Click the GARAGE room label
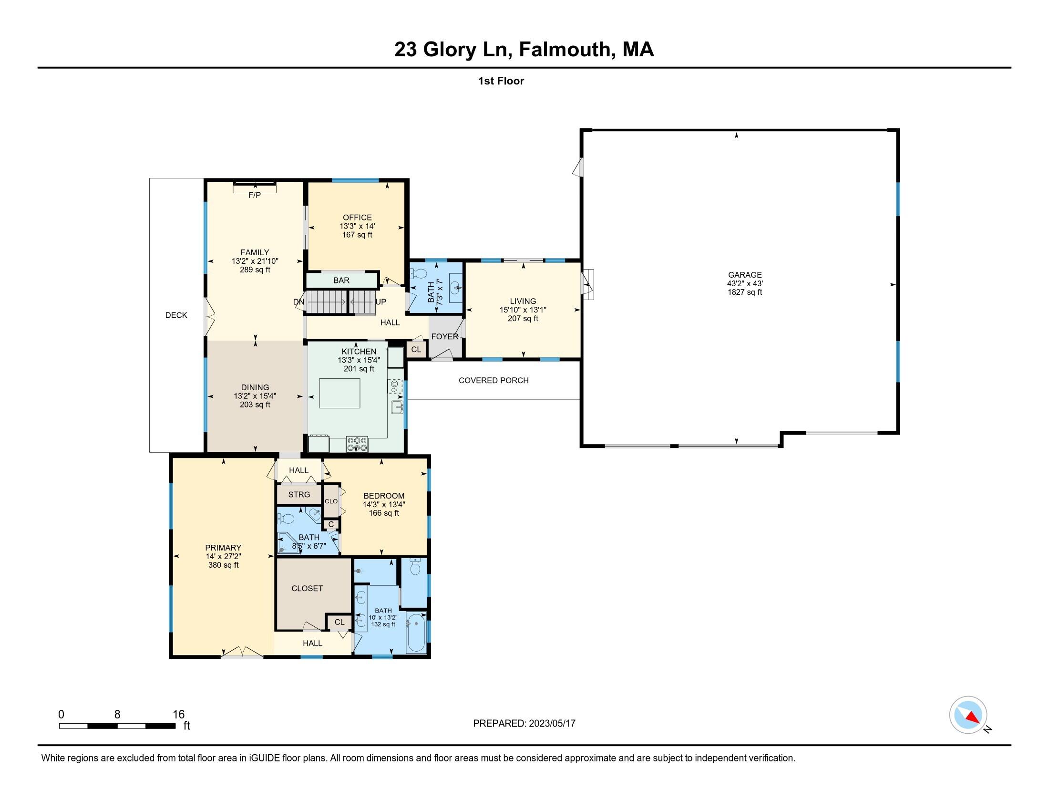(x=744, y=275)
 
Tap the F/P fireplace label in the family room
(x=255, y=195)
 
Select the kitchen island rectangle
(x=339, y=393)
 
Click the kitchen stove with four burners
(x=357, y=444)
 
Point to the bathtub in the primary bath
(x=416, y=632)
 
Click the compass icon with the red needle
(x=968, y=715)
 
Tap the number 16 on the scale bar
(x=179, y=715)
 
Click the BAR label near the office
(x=341, y=280)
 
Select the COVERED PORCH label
(x=494, y=381)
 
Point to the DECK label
(x=176, y=315)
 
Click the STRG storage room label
(x=299, y=494)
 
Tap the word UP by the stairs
(x=381, y=302)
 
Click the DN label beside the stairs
(x=299, y=302)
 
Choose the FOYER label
(x=445, y=336)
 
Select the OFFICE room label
(x=357, y=218)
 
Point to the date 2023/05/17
(x=552, y=723)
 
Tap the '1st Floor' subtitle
(x=501, y=81)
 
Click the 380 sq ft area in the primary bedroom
(x=223, y=565)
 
